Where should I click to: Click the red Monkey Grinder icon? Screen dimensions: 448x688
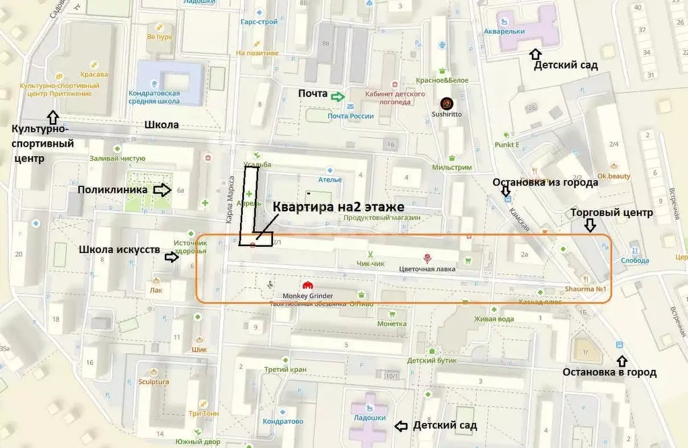309,285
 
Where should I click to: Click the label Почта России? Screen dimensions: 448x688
350,116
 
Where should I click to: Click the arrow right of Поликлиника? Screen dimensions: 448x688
163,190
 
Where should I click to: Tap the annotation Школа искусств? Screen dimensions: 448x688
119,250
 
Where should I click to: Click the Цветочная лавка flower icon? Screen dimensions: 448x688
426,258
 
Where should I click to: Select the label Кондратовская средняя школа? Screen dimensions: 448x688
154,97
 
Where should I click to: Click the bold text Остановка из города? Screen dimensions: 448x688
545,182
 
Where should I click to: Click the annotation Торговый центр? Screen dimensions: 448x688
611,213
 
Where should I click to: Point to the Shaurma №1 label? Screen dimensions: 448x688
587,289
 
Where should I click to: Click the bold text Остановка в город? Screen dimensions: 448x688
609,372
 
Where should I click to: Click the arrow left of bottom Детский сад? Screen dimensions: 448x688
400,426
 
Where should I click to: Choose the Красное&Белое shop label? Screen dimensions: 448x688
442,79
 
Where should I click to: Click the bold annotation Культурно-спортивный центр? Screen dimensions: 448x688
44,143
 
